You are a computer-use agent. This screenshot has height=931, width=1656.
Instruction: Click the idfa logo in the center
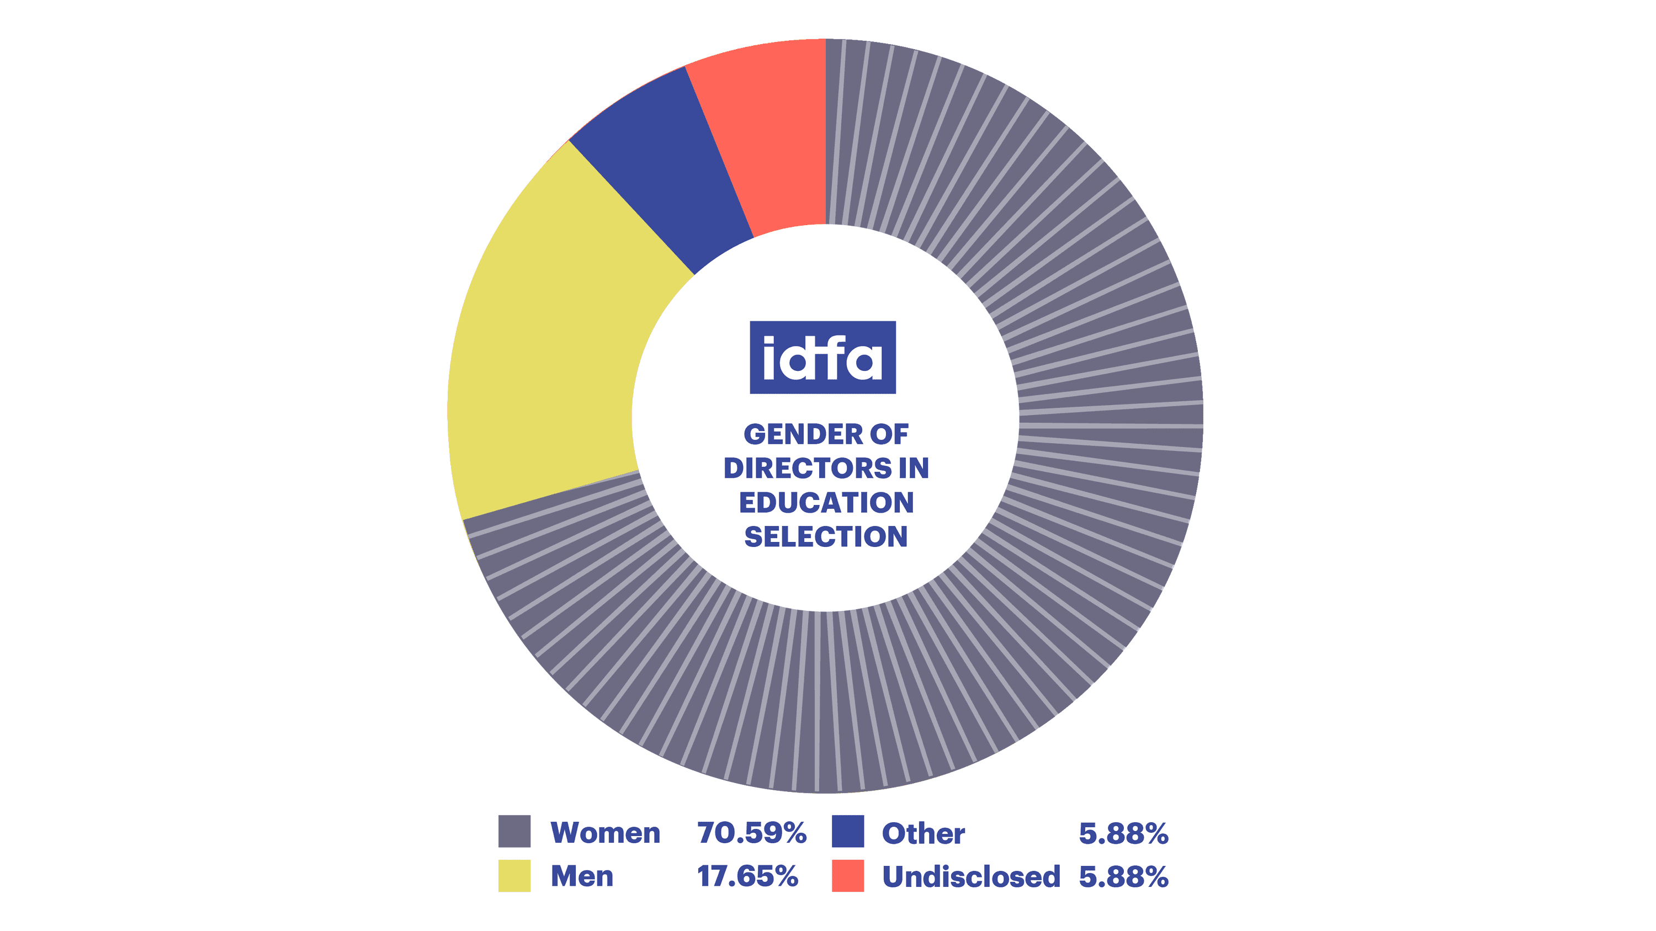(823, 357)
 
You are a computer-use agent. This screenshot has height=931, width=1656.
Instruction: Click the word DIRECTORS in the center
(808, 469)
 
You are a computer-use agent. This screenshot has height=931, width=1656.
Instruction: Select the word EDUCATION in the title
(826, 502)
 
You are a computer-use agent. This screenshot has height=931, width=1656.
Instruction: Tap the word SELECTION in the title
(826, 536)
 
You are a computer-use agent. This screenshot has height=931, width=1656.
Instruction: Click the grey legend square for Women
(514, 832)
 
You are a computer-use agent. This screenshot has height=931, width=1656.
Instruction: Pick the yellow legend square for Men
(514, 876)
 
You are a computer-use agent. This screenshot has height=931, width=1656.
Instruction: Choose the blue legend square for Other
(847, 832)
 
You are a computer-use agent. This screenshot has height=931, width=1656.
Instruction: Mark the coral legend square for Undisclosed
(847, 876)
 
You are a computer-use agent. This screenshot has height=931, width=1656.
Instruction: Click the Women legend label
(605, 833)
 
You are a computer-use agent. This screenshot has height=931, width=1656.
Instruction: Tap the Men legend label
(582, 876)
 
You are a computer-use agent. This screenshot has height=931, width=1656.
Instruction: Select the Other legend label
(923, 833)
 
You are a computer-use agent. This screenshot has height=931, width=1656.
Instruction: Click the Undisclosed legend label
(971, 877)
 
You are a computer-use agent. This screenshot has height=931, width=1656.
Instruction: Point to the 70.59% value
(751, 833)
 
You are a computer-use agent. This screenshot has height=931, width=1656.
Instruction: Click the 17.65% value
(747, 876)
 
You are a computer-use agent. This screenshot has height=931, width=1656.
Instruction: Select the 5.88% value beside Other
(1123, 833)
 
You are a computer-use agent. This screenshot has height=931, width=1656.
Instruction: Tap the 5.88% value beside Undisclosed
(1123, 877)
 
